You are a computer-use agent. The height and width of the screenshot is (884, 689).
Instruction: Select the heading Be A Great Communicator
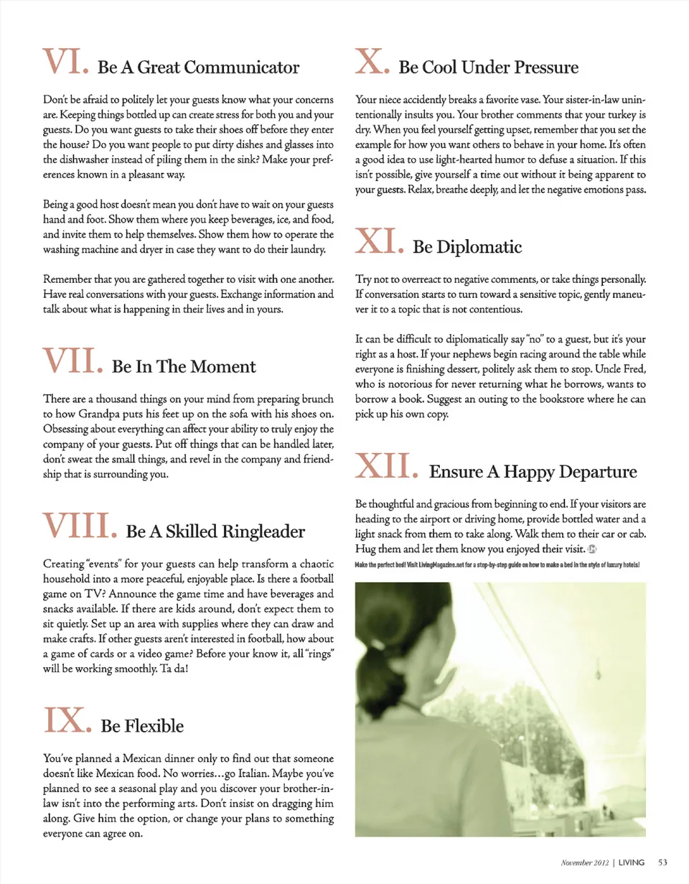pos(198,68)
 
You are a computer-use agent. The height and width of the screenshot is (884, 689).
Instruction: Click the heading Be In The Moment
pos(184,367)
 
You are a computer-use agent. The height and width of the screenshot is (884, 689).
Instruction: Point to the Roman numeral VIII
pos(78,526)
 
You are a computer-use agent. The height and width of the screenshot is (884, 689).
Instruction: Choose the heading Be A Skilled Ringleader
pos(216,532)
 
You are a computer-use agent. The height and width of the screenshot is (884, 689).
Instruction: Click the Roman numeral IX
pos(67,720)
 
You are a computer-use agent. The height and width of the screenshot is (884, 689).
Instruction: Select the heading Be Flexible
pos(143,727)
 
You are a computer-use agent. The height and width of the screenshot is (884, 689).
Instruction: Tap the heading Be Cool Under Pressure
pos(488,68)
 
